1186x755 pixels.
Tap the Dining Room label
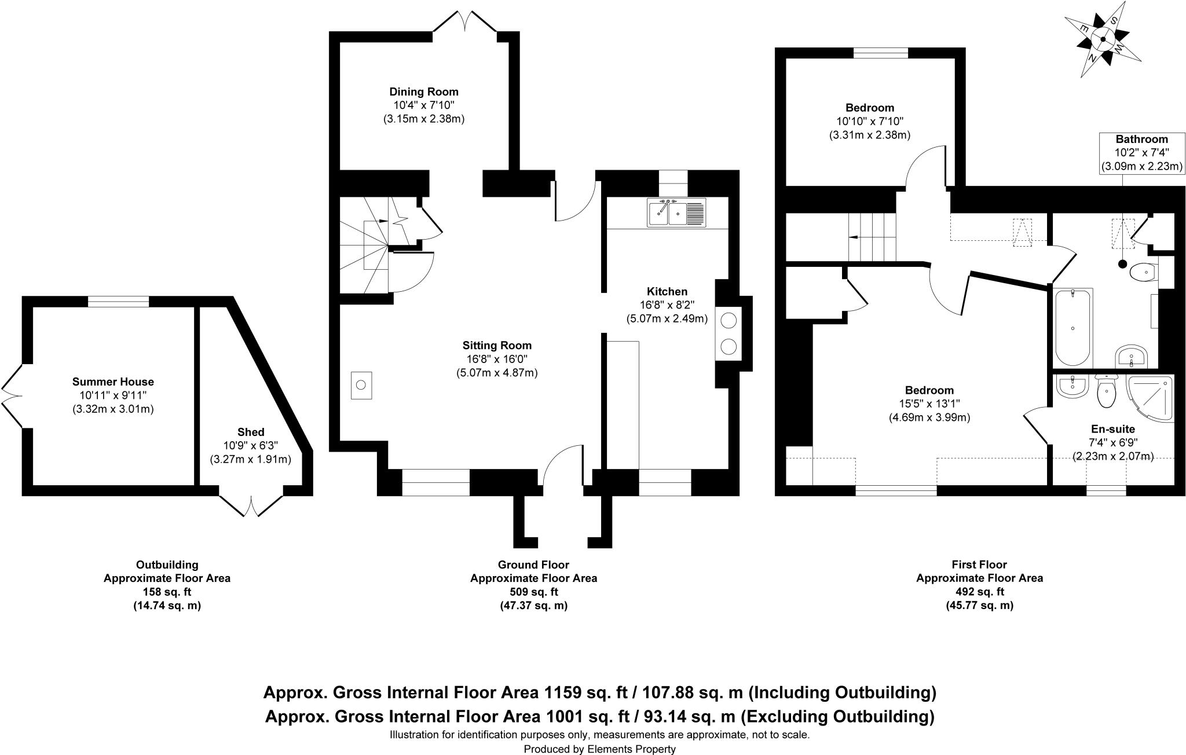point(423,91)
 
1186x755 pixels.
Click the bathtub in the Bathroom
point(1073,327)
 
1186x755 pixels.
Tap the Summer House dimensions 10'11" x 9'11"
point(113,395)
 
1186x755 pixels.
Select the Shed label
point(251,432)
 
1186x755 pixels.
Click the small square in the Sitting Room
point(361,386)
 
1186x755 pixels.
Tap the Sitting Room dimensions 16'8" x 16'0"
point(496,359)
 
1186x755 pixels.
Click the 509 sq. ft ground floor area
point(533,592)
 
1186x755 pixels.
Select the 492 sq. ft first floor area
point(979,592)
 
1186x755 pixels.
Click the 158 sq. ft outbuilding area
point(167,592)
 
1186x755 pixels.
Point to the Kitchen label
point(667,291)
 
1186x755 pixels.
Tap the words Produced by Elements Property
point(599,749)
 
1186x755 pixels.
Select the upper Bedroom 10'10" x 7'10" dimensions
point(869,121)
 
